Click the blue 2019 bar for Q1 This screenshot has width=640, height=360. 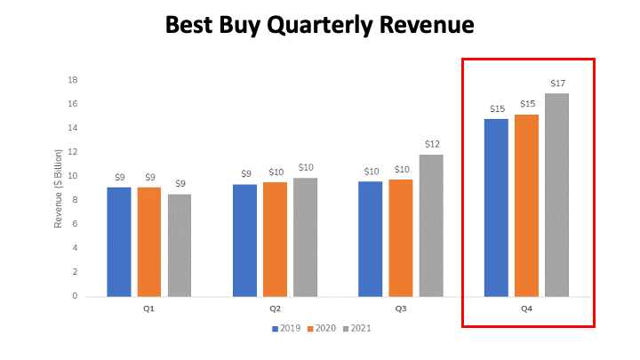coord(119,241)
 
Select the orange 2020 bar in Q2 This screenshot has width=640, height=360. coord(275,238)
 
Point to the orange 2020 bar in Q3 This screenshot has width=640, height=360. coord(401,237)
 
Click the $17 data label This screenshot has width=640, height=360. coord(557,84)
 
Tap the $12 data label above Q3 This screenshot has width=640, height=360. coord(432,144)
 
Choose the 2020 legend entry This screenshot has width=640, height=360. coord(321,328)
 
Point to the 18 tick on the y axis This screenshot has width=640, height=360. coord(74,80)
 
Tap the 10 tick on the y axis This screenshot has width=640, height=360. coord(74,176)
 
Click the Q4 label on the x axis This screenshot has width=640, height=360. coord(527,308)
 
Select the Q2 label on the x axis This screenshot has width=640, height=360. coord(276,308)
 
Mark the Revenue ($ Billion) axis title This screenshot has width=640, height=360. coord(59,188)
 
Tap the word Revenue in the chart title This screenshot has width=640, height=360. coord(421,25)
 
